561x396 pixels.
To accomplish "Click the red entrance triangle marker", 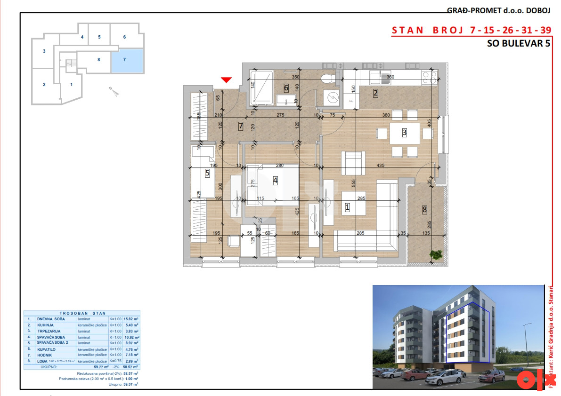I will point(227,79).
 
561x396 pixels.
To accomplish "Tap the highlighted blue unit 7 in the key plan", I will point(127,61).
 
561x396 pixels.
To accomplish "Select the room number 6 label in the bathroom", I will point(286,87).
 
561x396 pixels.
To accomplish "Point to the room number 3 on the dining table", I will point(404,133).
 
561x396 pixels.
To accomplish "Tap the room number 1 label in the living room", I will point(348,206).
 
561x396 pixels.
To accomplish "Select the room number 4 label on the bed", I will point(275,180).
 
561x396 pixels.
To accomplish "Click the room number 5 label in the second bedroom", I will point(207,173).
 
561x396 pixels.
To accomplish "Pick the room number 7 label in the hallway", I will point(240,126).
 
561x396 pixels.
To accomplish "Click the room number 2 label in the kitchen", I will point(375,93).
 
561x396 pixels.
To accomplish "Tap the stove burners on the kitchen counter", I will point(429,77).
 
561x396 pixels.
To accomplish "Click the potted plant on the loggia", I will point(436,254).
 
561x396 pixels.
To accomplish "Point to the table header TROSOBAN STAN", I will point(82,313).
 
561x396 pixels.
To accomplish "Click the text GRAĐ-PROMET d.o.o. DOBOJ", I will point(499,11).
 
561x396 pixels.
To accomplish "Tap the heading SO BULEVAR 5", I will point(518,44).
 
